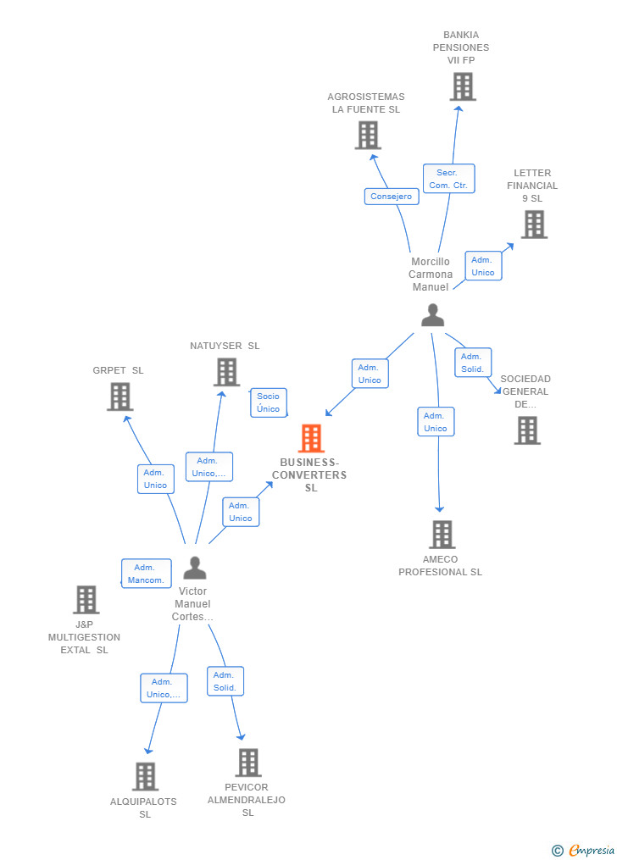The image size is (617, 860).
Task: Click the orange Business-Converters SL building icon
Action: [312, 438]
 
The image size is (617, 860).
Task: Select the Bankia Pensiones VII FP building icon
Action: [463, 86]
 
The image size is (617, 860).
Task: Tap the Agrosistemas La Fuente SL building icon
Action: [368, 135]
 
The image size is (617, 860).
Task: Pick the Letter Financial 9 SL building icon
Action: [534, 225]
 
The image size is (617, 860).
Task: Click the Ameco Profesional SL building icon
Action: [442, 535]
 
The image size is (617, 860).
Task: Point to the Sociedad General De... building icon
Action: [527, 430]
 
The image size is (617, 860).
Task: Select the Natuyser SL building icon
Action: [226, 372]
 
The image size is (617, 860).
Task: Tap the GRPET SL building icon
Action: [120, 397]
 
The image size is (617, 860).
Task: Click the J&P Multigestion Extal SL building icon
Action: [86, 600]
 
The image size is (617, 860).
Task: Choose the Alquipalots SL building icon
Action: [145, 776]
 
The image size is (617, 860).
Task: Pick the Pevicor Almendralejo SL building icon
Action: [247, 763]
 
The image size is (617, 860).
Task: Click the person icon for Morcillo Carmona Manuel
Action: [433, 315]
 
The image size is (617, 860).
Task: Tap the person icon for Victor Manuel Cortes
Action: [195, 568]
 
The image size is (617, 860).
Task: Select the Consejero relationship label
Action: [391, 197]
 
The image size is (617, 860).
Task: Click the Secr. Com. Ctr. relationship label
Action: [448, 179]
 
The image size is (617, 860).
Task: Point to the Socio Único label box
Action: [269, 402]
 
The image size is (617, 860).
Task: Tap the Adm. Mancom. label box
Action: [146, 574]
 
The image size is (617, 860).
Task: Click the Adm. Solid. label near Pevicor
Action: [225, 681]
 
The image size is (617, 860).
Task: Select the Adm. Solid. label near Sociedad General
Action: [473, 363]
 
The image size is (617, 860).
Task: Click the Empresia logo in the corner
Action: [584, 850]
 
